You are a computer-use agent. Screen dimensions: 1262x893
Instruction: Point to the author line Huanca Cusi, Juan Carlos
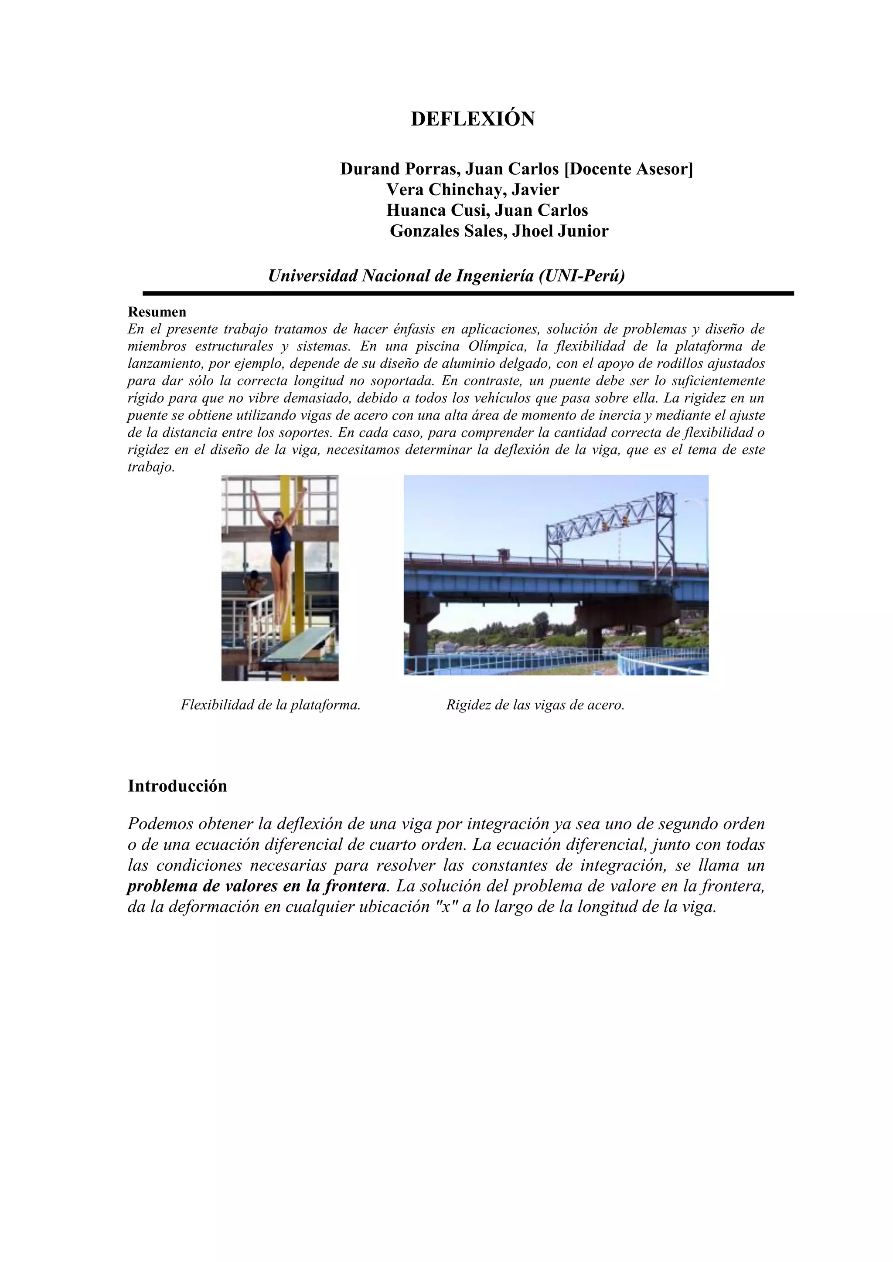[487, 210]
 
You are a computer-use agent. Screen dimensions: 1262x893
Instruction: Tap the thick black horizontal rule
[468, 294]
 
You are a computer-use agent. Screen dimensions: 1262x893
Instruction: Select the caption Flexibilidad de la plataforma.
[270, 705]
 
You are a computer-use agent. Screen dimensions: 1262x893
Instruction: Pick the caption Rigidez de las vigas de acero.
[535, 705]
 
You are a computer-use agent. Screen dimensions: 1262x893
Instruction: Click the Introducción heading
[177, 786]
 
